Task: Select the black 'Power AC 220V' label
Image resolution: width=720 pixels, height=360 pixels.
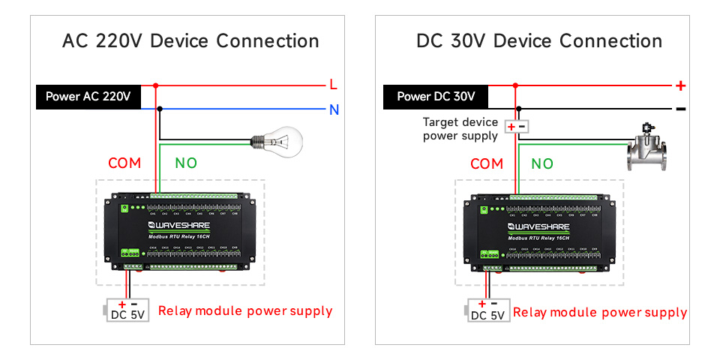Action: [88, 97]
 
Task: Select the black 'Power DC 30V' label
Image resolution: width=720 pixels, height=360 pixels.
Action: [436, 97]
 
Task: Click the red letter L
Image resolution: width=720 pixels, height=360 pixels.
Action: [334, 85]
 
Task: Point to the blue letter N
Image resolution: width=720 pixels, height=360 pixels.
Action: [334, 110]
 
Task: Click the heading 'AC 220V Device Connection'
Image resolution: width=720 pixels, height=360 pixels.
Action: [190, 40]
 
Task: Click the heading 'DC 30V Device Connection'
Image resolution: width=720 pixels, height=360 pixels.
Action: [539, 40]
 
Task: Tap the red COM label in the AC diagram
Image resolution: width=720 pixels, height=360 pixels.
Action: [124, 163]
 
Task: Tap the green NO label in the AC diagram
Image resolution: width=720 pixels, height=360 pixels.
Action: [186, 163]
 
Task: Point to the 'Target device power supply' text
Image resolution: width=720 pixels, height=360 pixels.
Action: [460, 129]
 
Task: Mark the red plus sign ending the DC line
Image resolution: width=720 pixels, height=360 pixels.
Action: [680, 85]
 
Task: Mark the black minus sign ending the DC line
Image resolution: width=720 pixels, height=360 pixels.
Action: [680, 109]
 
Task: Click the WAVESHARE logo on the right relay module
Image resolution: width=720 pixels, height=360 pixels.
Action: [541, 225]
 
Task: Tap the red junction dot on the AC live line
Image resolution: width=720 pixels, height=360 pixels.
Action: [156, 85]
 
